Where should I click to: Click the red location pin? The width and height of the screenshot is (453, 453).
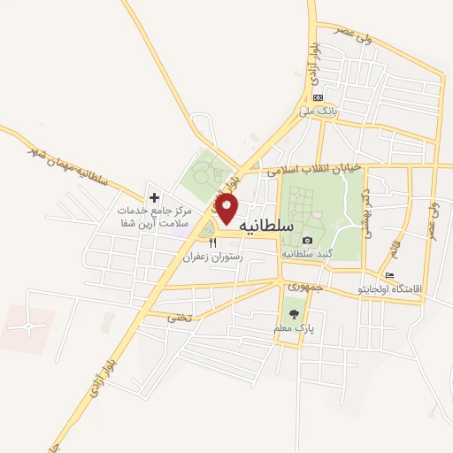[x=227, y=209]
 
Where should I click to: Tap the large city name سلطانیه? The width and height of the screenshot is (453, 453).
[x=266, y=226]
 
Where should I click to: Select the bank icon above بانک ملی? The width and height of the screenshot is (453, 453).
[x=318, y=98]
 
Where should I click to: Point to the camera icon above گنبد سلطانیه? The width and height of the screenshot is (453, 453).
[x=307, y=240]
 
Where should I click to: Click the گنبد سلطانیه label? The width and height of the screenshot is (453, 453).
[x=307, y=253]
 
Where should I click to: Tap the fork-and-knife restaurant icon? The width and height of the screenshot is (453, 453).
[x=212, y=243]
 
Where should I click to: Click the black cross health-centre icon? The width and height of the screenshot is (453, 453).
[x=154, y=197]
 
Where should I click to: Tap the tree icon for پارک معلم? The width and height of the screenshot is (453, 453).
[x=294, y=313]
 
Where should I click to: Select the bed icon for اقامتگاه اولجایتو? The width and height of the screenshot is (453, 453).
[x=390, y=275]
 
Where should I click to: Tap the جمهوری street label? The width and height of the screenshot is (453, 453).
[x=301, y=288]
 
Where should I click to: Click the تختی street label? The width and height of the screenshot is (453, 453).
[x=179, y=316]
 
